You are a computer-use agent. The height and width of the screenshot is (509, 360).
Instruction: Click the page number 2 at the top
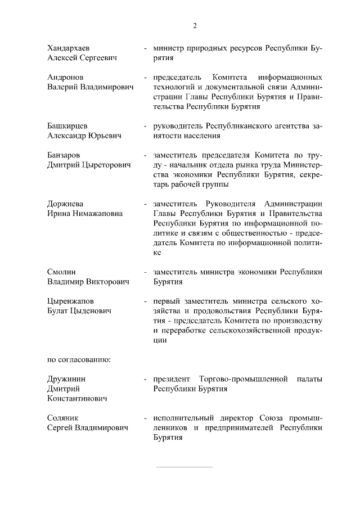point(195,25)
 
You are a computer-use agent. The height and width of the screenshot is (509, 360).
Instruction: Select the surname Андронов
point(65,77)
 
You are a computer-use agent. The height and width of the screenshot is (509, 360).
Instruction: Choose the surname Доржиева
point(65,203)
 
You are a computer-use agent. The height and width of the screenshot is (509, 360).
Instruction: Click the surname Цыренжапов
point(70,301)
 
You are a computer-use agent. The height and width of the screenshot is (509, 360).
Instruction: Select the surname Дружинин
point(66,379)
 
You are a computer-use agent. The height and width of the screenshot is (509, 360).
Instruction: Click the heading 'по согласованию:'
point(79,359)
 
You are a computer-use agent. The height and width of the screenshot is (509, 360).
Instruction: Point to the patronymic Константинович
point(78,398)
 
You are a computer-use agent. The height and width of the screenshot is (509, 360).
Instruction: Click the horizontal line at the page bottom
point(184,467)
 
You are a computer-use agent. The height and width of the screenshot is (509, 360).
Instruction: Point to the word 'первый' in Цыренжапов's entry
point(166,301)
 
